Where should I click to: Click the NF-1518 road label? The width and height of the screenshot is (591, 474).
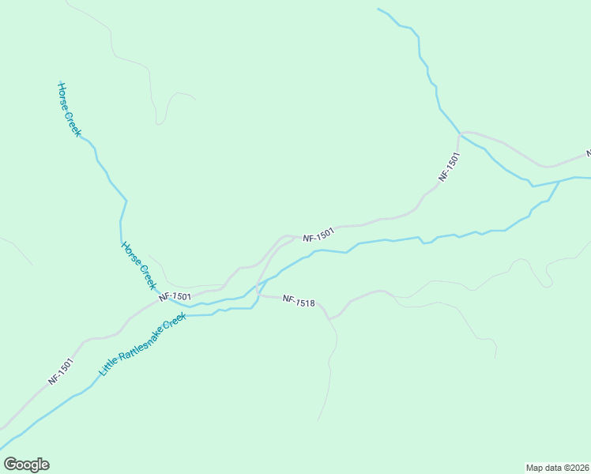pos(299,301)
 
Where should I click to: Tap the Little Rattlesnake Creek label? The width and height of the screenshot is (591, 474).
pos(142,344)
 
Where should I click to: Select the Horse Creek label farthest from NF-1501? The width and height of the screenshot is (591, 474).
pos(69,109)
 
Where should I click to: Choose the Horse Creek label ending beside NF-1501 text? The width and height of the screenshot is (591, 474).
pos(139,265)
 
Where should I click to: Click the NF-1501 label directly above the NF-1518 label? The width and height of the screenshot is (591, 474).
pos(318,235)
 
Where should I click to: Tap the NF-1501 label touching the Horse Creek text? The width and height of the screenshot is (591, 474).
pos(175,296)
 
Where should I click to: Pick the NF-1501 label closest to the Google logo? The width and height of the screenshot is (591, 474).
pos(60,371)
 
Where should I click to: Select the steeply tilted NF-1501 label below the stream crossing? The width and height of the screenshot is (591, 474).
pos(449,167)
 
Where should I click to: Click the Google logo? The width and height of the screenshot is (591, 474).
pos(26,465)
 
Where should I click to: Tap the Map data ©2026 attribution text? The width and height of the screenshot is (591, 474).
pos(557,467)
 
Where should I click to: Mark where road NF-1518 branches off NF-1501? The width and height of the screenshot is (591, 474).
pos(258,294)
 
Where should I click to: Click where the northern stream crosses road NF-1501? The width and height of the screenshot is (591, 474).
pos(461,135)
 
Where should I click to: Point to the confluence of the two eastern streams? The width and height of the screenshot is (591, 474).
pos(559,182)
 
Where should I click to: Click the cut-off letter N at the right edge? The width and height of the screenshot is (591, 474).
pos(588,152)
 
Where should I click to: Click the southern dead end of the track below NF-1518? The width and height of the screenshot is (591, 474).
pos(318,420)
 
